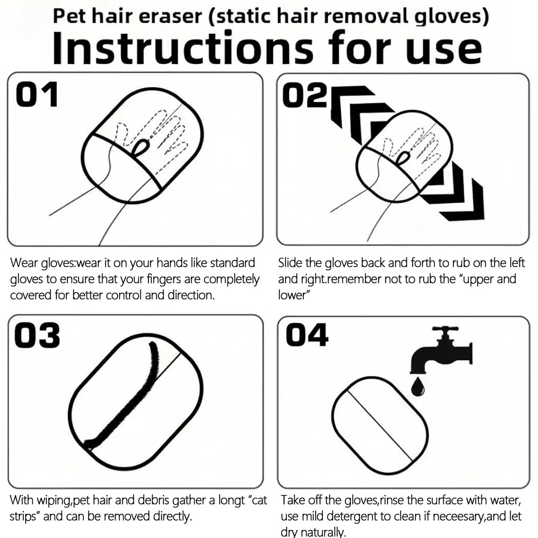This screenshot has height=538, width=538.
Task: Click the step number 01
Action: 37,94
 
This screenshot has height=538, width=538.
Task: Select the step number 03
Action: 37,335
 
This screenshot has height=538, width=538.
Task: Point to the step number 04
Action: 307,335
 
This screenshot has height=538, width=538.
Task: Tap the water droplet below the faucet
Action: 418,386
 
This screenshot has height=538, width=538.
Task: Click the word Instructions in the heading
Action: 182,47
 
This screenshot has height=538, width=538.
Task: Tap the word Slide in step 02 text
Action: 291,263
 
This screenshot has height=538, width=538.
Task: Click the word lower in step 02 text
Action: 292,295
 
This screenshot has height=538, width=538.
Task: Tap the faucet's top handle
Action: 445,329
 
